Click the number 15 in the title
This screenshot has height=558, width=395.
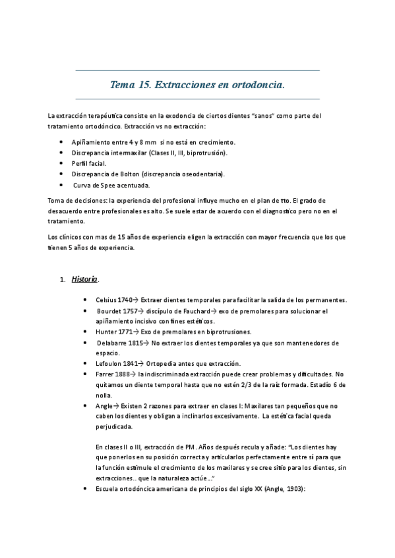pos(148,84)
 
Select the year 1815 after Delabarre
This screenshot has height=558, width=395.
pos(137,343)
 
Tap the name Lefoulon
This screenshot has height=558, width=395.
pos(110,364)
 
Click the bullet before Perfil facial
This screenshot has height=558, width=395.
pos(61,163)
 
